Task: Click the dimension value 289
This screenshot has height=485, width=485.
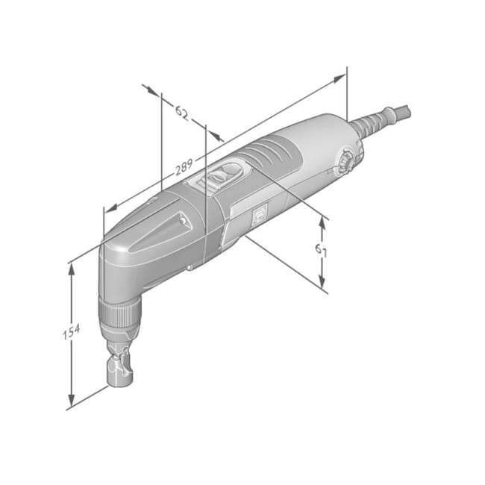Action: (x=184, y=168)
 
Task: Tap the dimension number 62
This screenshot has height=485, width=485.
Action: (x=181, y=112)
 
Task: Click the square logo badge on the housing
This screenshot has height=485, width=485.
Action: (x=260, y=216)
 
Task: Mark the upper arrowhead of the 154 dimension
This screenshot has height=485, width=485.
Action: (x=71, y=267)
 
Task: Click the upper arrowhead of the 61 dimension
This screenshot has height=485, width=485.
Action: (x=322, y=220)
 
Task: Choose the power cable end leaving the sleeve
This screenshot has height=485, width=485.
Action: (x=403, y=113)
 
